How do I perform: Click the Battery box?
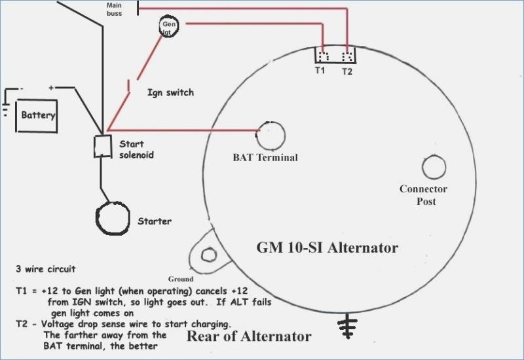click(x=37, y=116)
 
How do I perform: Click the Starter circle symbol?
click(x=113, y=218)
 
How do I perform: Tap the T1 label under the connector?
click(x=320, y=70)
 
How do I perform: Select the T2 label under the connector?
click(x=347, y=71)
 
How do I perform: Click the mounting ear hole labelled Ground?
click(x=209, y=255)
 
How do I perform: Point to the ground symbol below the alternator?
click(x=348, y=326)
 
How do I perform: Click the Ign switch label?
click(x=170, y=92)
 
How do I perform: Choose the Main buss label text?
click(x=114, y=9)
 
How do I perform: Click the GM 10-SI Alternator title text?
click(x=327, y=248)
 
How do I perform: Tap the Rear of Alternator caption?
click(x=249, y=336)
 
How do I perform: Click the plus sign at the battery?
click(x=51, y=88)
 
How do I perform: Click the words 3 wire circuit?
click(x=45, y=269)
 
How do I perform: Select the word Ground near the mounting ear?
click(x=181, y=279)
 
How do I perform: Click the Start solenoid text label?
click(x=136, y=149)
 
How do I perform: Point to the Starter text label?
click(x=155, y=221)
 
